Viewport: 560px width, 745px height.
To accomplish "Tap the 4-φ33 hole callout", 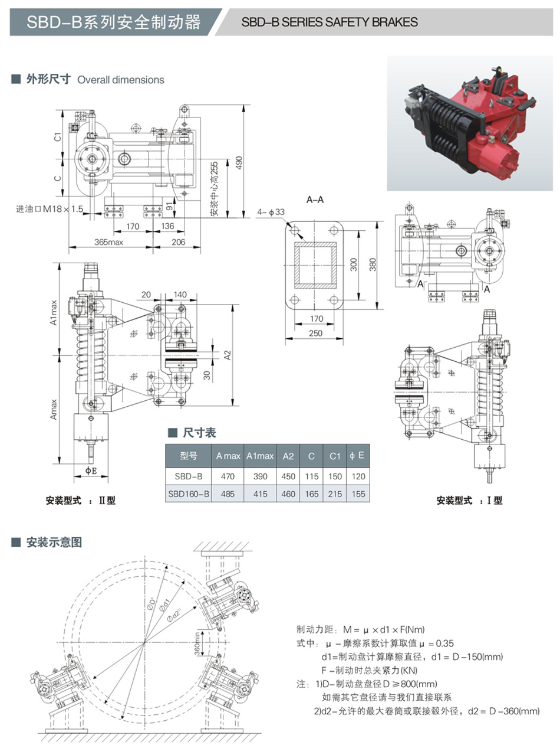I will pyautogui.click(x=271, y=211).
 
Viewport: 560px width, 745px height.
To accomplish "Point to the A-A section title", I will pyautogui.click(x=315, y=200).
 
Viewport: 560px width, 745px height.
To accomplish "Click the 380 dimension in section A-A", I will pyautogui.click(x=371, y=266).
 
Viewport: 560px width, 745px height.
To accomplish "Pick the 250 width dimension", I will pyautogui.click(x=317, y=334).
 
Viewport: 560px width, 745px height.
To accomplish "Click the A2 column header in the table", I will pyautogui.click(x=288, y=456).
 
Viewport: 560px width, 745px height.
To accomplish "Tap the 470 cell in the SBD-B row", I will pyautogui.click(x=228, y=476).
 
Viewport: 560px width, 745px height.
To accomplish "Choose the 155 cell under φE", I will pyautogui.click(x=357, y=494).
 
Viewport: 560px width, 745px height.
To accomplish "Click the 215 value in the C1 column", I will pyautogui.click(x=335, y=494).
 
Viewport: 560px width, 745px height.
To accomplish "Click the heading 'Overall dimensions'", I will pyautogui.click(x=121, y=80).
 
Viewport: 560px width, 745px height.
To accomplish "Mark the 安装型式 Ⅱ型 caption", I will pyautogui.click(x=81, y=501).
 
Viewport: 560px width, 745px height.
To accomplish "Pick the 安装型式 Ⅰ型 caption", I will pyautogui.click(x=469, y=501).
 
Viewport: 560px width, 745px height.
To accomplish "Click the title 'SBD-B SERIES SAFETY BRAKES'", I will pyautogui.click(x=330, y=22).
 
